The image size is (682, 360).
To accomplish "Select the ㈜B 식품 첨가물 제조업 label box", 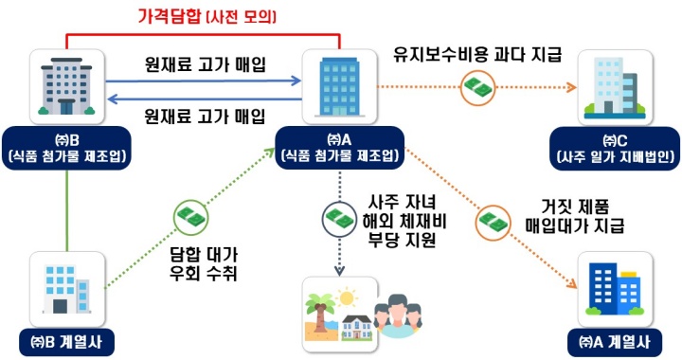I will coord(65,145).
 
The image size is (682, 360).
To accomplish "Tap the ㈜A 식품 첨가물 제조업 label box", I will coord(338,145).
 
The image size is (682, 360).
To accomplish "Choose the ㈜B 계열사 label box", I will coord(66,340).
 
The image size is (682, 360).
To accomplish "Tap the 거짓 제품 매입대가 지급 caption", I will coord(569,217).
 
